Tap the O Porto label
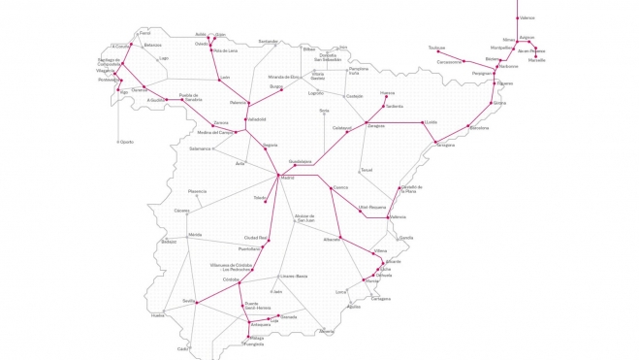(125, 142)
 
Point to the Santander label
(269, 42)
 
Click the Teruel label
(366, 170)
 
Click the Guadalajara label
(299, 161)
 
